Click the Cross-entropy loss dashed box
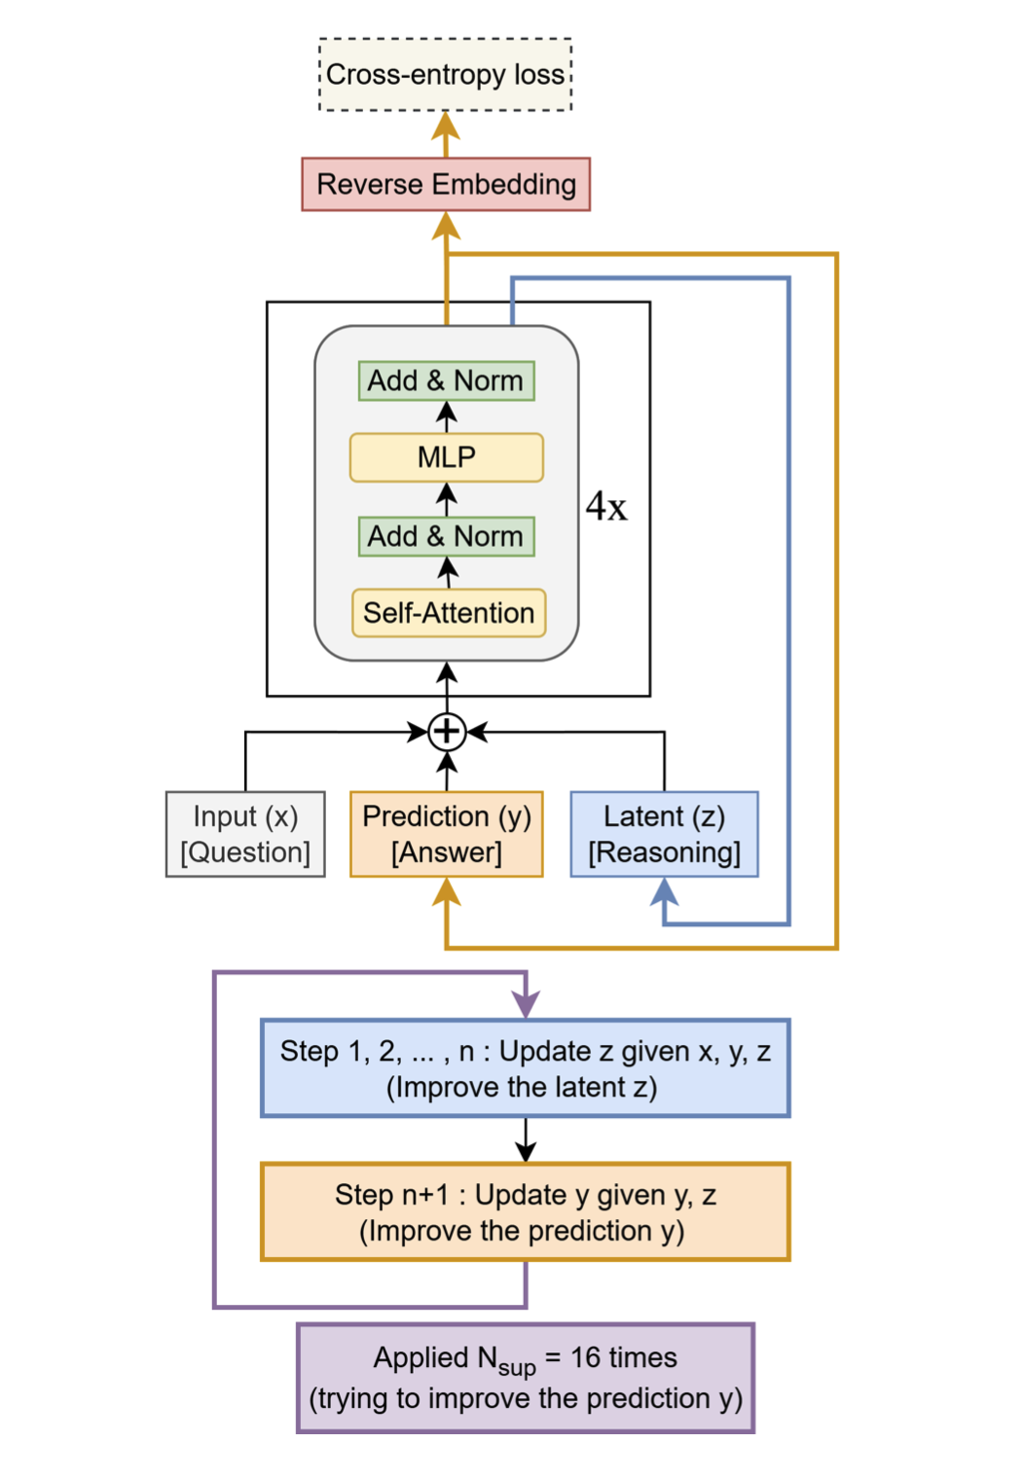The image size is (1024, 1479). coord(445,75)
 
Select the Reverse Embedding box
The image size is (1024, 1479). coord(446,184)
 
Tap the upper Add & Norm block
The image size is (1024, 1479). coord(446,380)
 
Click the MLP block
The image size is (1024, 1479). coord(446,457)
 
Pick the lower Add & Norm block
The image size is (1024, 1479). coord(446,536)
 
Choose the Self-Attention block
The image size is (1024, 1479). coord(449,613)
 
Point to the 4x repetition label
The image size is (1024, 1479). coord(606,507)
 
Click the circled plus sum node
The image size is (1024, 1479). coord(447,731)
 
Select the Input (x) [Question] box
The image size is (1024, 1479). coord(245,834)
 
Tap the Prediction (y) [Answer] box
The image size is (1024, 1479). coord(447,834)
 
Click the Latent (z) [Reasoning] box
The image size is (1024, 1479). coord(664,834)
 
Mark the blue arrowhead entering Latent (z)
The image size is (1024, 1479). coord(664,889)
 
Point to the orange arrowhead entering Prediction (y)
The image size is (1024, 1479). coord(447,890)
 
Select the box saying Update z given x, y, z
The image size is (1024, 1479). coord(526,1068)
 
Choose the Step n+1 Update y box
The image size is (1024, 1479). coord(526,1212)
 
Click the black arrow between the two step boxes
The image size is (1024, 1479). coord(526,1140)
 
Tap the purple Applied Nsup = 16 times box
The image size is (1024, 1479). coord(526,1378)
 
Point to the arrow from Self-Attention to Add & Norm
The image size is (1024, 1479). coord(447,572)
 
